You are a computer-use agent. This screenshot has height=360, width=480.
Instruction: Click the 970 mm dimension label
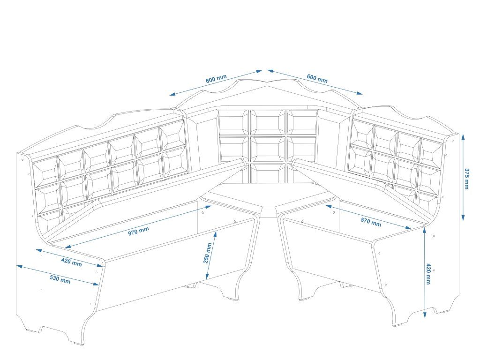pos(138,231)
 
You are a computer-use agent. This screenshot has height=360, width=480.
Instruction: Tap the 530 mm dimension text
pos(60,279)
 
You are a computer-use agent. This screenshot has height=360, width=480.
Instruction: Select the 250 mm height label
pos(208,253)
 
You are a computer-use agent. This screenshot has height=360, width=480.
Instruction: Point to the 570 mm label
pos(370,221)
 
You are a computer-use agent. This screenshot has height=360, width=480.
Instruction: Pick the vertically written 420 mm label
pos(428,274)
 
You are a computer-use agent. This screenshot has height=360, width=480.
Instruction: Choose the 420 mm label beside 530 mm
pos(71,262)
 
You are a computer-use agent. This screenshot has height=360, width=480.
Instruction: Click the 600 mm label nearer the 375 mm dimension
pos(317,78)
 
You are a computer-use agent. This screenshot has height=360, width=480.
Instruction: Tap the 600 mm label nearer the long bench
pos(216,79)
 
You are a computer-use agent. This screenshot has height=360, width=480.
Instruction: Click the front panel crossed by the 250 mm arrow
pos(178,267)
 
